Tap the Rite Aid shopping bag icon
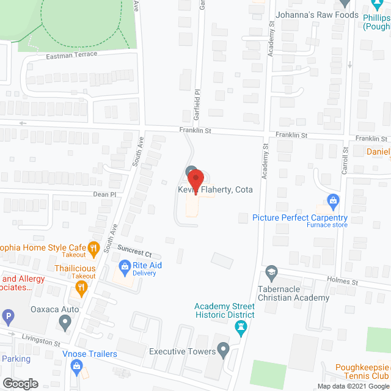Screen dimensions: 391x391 pos(124,266)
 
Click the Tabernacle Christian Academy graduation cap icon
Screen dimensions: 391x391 pos(271,271)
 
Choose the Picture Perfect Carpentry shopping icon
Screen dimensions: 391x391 pos(334,200)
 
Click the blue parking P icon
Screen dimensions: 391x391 pos(8,317)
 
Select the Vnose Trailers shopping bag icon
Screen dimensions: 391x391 pos(76,367)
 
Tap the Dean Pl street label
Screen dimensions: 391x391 pos(104,195)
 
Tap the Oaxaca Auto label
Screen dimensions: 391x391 pos(56,310)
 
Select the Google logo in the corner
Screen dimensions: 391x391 pos(20,383)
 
